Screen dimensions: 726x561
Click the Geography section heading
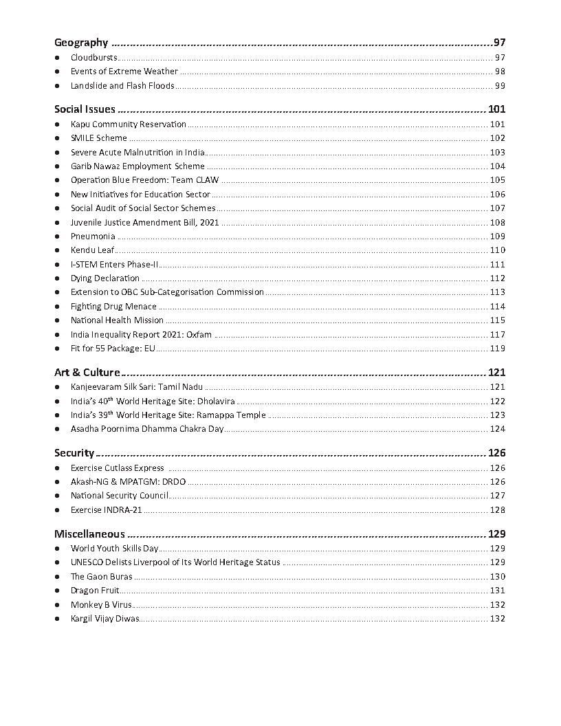81,43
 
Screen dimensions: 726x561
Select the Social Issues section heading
85,109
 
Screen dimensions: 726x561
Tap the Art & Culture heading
87,372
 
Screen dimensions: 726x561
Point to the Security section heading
74,452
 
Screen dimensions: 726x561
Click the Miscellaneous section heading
89,533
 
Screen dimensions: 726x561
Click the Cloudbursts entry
94,58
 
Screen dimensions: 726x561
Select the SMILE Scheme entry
99,138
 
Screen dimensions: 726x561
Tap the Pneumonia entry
93,236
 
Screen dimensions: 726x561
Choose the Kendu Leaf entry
93,250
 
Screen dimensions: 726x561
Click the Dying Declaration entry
105,278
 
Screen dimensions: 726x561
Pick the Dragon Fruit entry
95,591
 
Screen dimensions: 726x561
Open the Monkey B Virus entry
101,605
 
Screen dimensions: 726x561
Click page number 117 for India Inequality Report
497,335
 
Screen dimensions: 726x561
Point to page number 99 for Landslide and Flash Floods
500,86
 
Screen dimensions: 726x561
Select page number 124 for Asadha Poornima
497,429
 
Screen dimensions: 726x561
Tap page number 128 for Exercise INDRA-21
497,510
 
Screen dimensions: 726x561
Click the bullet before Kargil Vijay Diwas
57,619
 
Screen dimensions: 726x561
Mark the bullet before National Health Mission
57,320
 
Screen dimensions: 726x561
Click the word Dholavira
215,401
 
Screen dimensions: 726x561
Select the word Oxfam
199,335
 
